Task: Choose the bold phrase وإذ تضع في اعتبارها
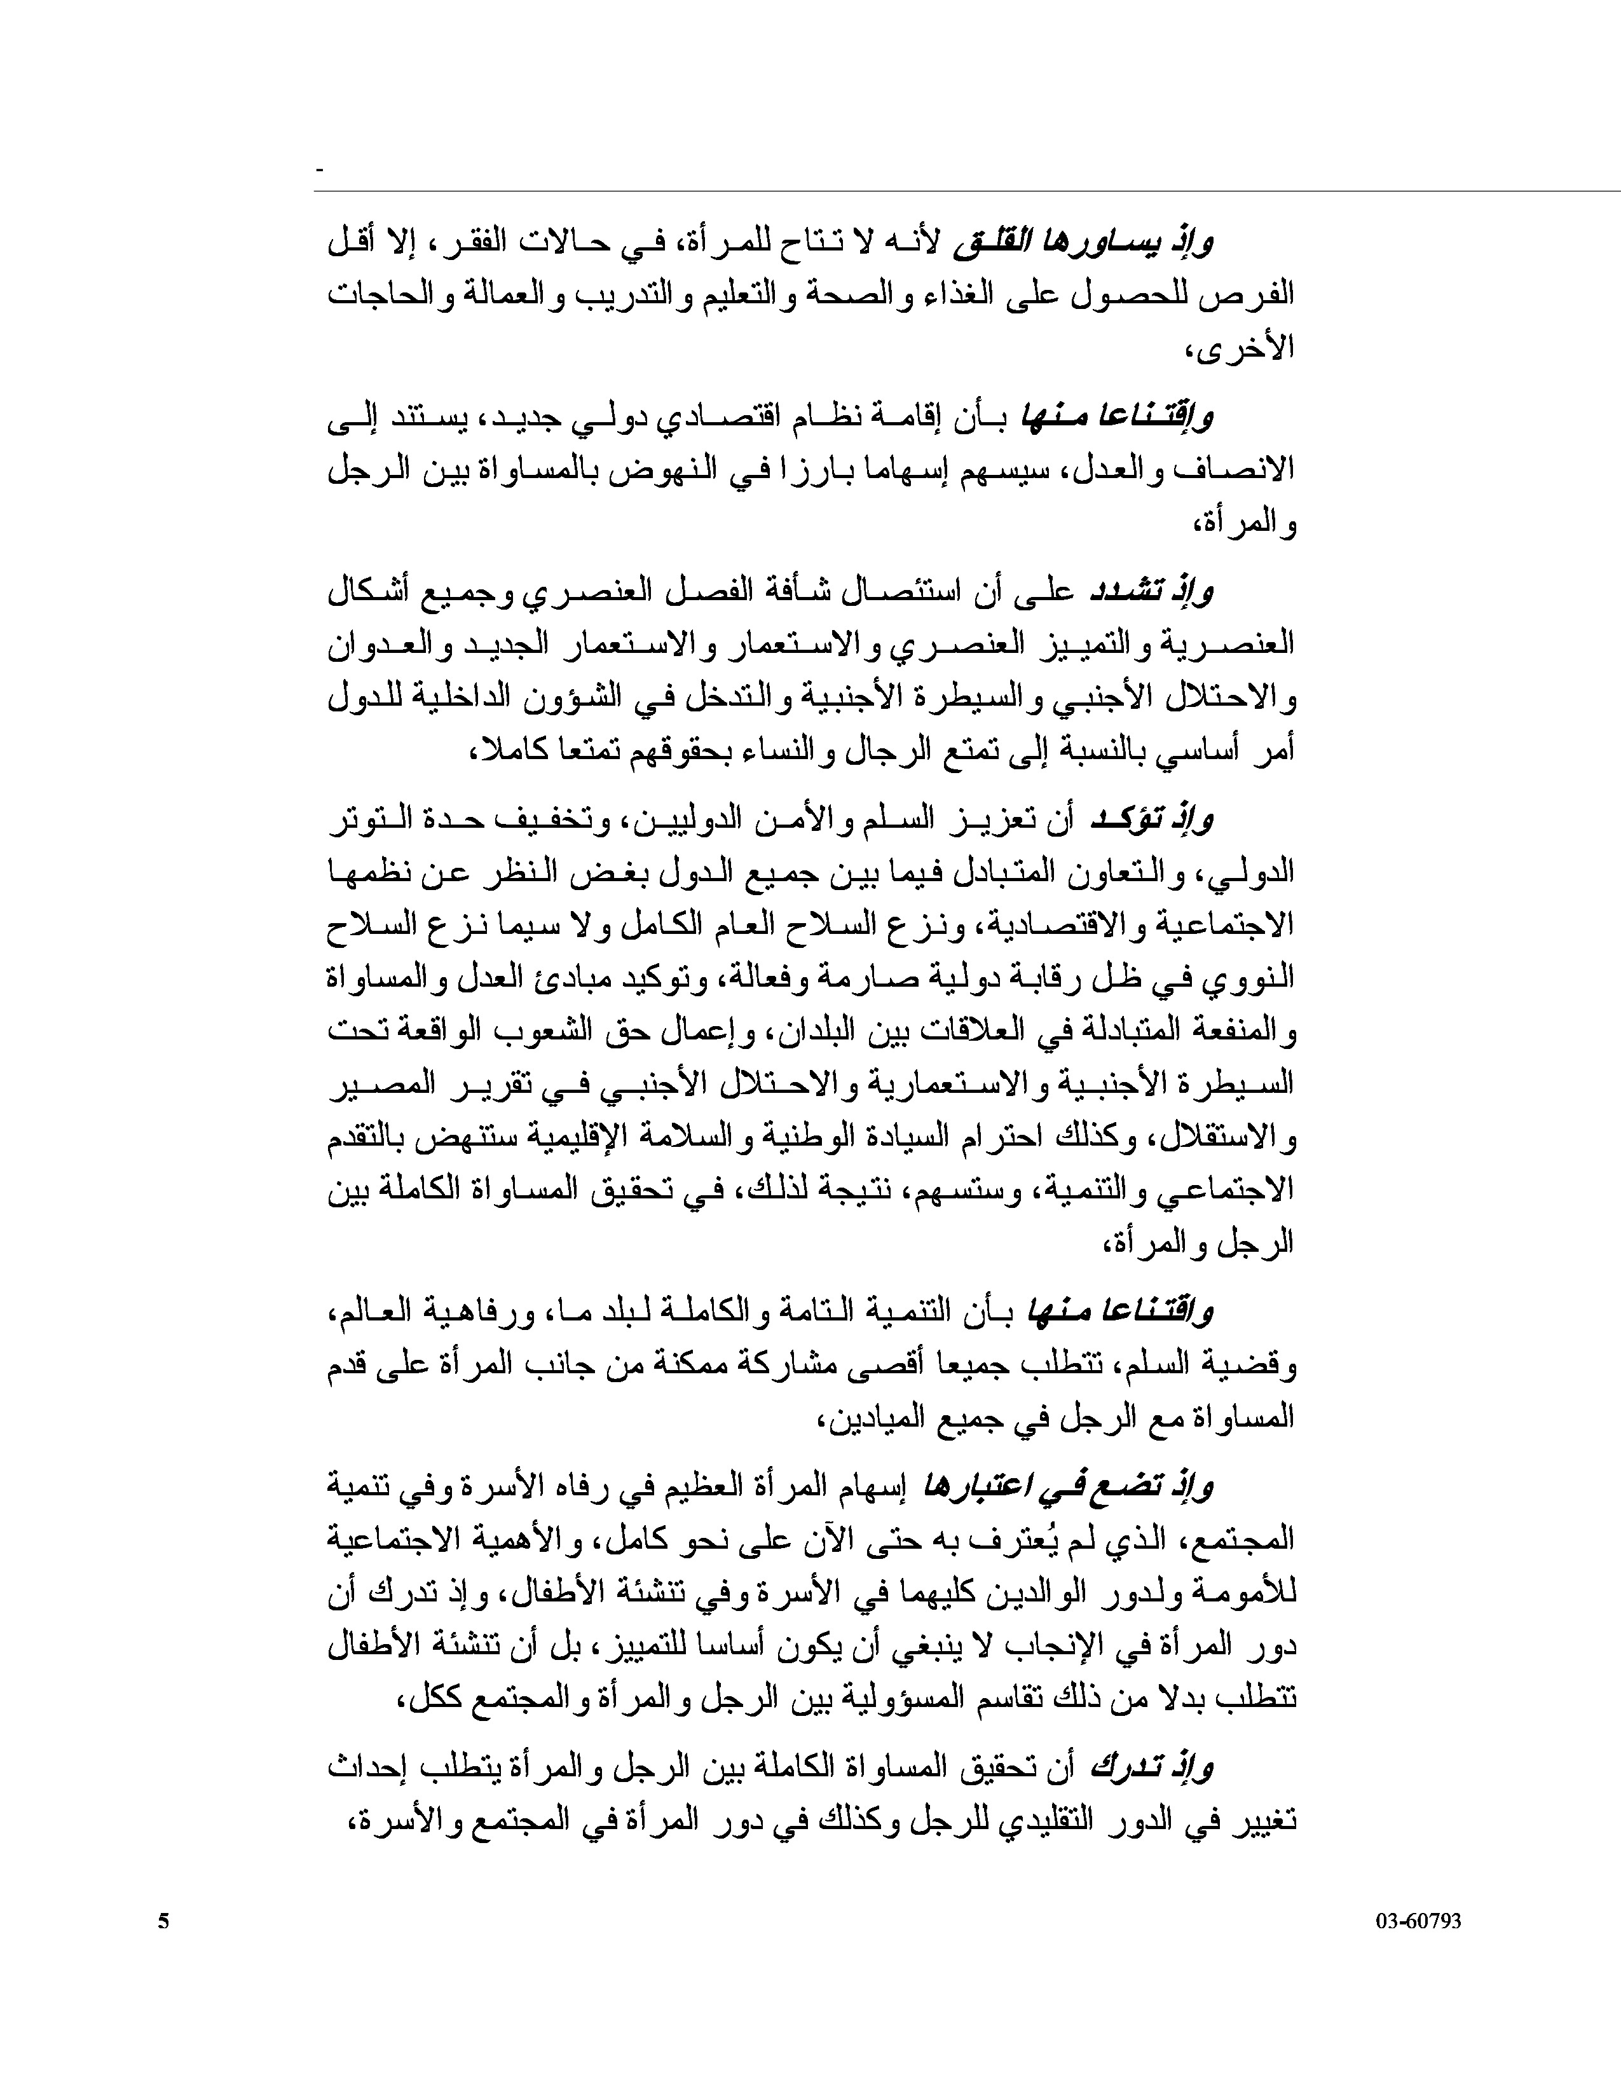click(1068, 1488)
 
